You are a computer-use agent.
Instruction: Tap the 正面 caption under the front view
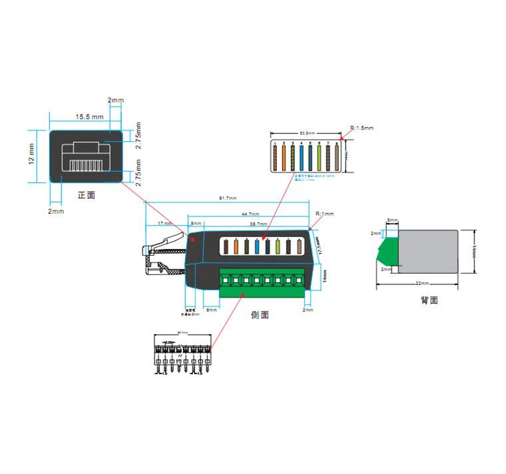coord(87,196)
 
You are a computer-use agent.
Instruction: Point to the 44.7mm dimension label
coord(250,214)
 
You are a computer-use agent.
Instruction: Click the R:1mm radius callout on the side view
coord(325,214)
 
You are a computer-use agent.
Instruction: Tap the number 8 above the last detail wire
coord(338,143)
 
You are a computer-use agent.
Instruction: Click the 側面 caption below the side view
coord(260,315)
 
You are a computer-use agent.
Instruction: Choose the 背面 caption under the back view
coord(429,300)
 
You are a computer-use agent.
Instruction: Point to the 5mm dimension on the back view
coord(393,220)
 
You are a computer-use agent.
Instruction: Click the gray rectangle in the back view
coord(428,252)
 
